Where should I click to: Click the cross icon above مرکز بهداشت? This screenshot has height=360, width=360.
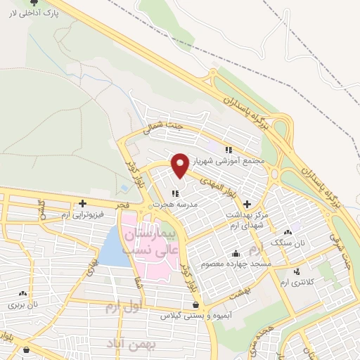pos(247,203)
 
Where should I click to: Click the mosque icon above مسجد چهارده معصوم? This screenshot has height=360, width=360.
pos(236,253)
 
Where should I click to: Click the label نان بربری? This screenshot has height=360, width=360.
pos(22,305)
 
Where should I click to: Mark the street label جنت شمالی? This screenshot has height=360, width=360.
pos(162,129)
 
